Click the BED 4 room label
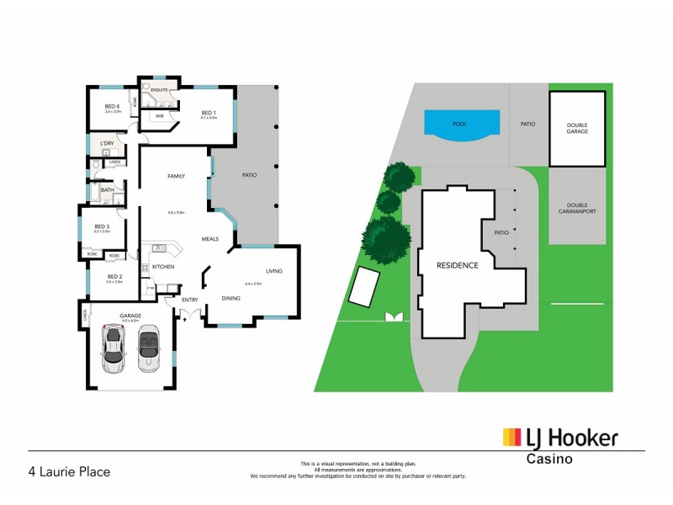112,106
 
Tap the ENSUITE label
160,88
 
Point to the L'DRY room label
107,143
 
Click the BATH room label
107,190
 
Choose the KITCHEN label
163,267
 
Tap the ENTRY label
189,299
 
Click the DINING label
231,298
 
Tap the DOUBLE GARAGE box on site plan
576,128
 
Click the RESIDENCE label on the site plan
457,265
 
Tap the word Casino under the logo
549,460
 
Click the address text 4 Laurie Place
69,472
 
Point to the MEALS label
209,239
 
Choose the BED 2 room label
115,277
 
